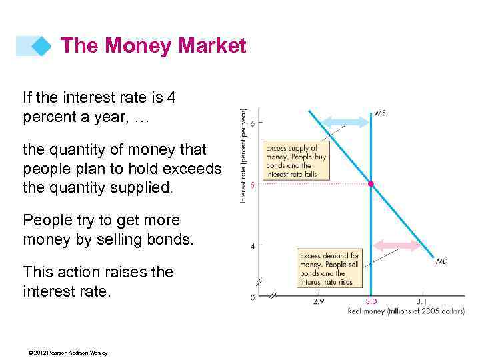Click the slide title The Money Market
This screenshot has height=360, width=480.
(153, 46)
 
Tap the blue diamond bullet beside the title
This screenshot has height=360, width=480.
(42, 46)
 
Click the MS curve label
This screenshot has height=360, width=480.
(380, 113)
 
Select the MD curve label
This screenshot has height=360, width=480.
(441, 261)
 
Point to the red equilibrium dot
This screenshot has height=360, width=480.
(371, 183)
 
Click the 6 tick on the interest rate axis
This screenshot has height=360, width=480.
(252, 122)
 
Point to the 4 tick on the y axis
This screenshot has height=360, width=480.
(252, 246)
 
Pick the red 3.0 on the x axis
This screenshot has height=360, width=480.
(371, 301)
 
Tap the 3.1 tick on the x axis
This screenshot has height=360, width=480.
(421, 301)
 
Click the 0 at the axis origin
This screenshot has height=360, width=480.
(252, 297)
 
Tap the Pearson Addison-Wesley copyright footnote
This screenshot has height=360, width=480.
(65, 353)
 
